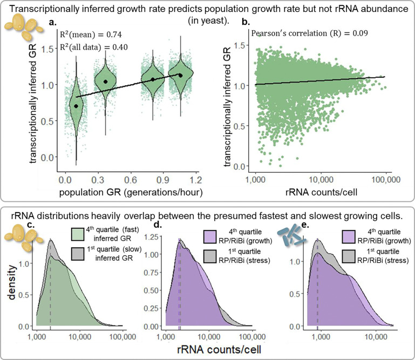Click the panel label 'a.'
[53, 23]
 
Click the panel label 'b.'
[246, 23]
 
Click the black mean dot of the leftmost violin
[76, 106]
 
